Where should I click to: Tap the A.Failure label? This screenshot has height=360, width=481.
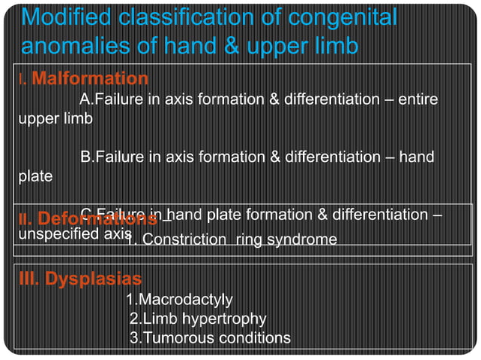click(112, 99)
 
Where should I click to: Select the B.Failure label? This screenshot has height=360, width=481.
click(112, 157)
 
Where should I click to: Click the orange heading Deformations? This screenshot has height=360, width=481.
click(97, 220)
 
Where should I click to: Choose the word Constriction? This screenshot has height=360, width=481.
click(185, 240)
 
